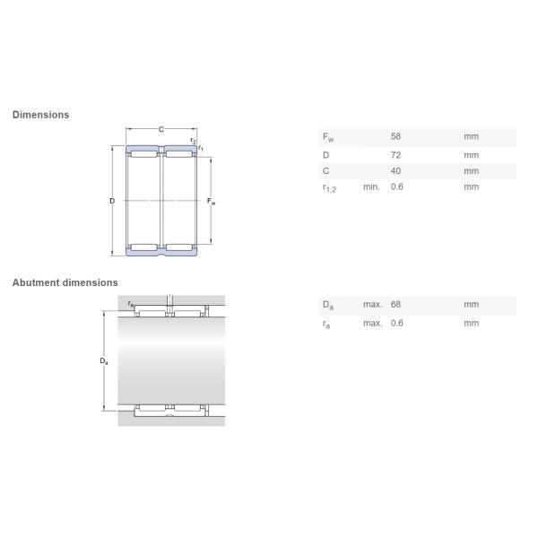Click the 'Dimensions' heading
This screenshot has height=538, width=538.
[41, 115]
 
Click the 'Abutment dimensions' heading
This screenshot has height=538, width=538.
[65, 282]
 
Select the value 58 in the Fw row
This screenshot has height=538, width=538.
[395, 136]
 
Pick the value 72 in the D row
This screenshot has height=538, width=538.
[395, 155]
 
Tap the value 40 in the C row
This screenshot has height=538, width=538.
[395, 171]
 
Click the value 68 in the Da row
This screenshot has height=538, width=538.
[395, 304]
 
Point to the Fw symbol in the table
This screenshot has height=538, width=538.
[328, 137]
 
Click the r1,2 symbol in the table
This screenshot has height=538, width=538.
[329, 188]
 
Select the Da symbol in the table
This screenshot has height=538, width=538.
[328, 305]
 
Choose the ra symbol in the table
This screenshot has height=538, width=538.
[326, 324]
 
